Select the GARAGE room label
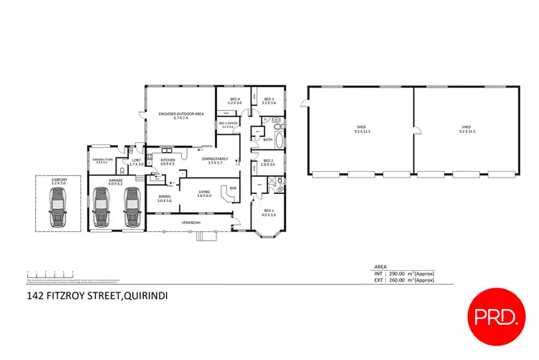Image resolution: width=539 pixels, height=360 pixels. pyautogui.click(x=115, y=180)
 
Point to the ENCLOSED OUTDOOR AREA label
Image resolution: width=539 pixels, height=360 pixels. pyautogui.click(x=180, y=114)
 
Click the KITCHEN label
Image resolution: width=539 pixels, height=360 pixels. pyautogui.click(x=167, y=160)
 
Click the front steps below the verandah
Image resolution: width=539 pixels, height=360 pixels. pyautogui.click(x=207, y=236)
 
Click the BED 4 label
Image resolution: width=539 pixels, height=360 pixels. pyautogui.click(x=235, y=99)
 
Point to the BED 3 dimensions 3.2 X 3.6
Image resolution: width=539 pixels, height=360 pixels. pyautogui.click(x=269, y=103)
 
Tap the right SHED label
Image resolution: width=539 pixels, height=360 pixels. pyautogui.click(x=466, y=127)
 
